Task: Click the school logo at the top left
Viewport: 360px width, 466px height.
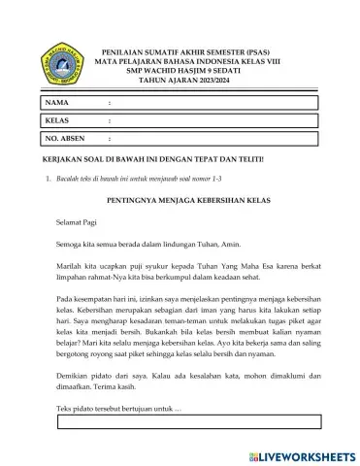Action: [x=59, y=66]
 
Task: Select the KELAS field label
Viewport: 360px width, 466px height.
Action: [x=58, y=120]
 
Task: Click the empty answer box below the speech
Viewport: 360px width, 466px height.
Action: [x=189, y=420]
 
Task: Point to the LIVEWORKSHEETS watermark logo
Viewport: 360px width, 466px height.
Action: [x=302, y=453]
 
